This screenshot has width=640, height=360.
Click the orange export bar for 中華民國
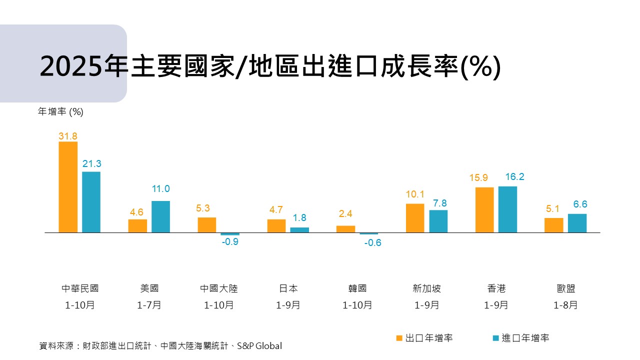click(68, 187)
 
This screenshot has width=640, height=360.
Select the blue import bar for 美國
click(160, 216)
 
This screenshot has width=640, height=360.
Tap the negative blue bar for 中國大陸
click(230, 234)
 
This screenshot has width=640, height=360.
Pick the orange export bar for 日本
click(276, 226)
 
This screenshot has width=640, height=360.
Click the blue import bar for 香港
click(507, 209)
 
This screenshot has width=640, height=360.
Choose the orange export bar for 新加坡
click(415, 218)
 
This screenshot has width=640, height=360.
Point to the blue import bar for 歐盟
click(577, 223)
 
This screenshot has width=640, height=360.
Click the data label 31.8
click(68, 136)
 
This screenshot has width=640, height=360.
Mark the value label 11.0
click(160, 189)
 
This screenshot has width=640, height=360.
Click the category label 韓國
click(357, 288)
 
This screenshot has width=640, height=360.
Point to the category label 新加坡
click(426, 288)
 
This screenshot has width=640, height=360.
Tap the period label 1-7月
click(149, 305)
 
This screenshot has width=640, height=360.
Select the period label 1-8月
click(565, 305)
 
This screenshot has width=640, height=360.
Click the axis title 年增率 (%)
click(60, 112)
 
